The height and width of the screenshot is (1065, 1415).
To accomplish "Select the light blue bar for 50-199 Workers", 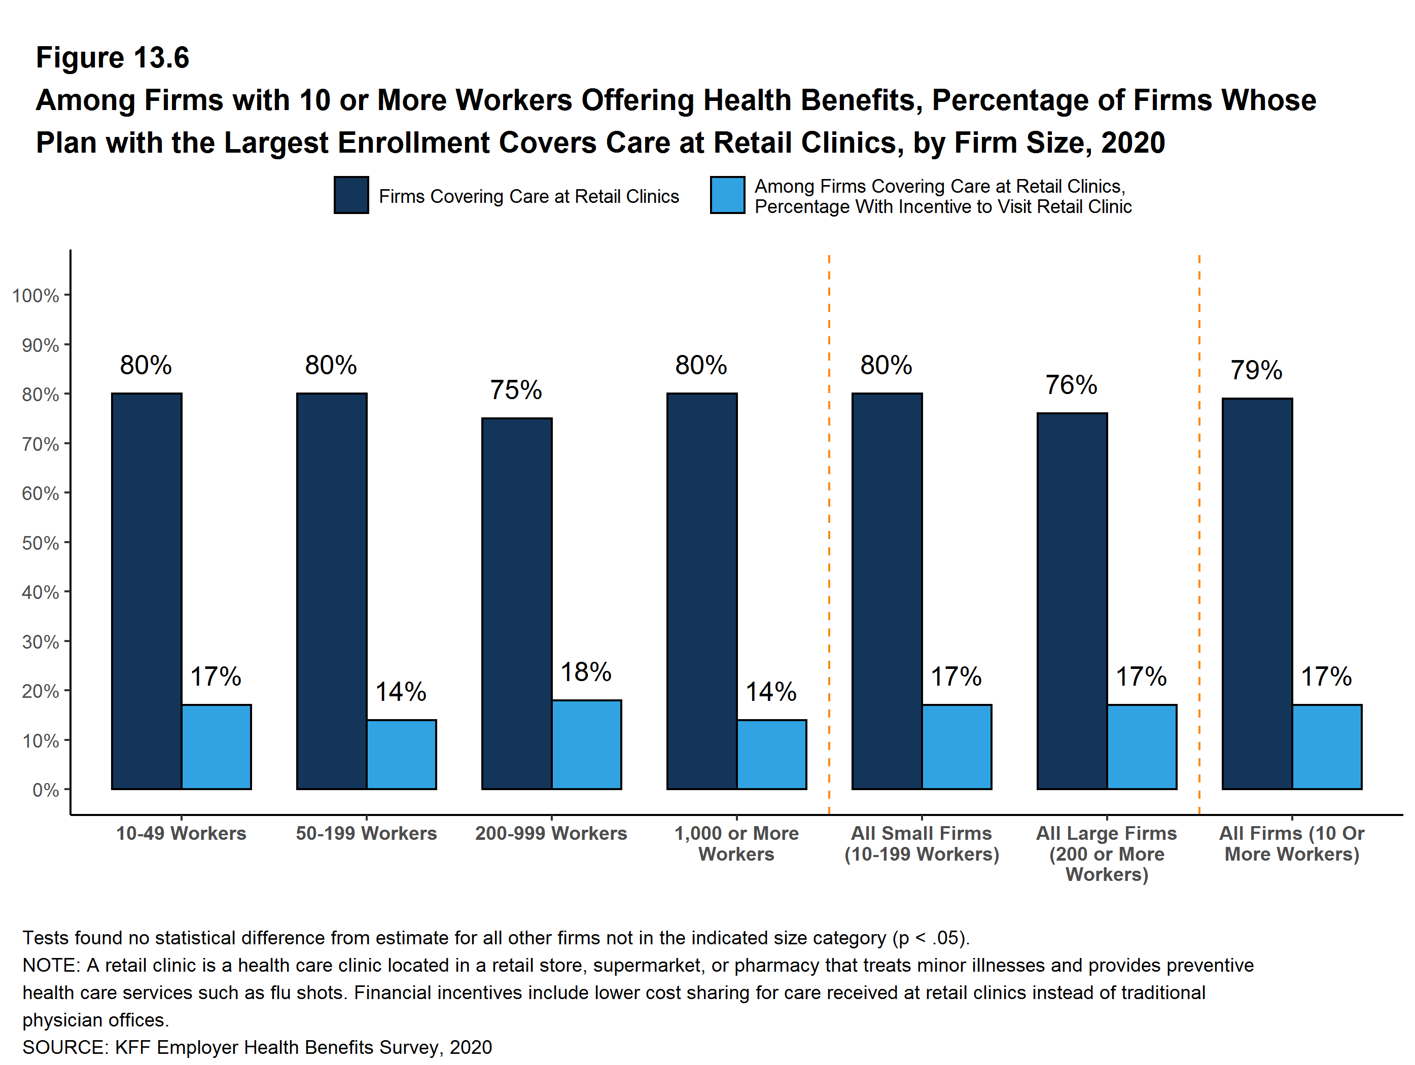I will click(401, 754).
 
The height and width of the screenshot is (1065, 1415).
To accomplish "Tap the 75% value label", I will click(516, 390).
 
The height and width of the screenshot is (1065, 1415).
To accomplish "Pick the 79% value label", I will click(1256, 370).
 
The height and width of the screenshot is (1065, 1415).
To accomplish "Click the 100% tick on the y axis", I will click(36, 296).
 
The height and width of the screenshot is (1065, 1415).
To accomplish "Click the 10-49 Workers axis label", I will click(181, 833).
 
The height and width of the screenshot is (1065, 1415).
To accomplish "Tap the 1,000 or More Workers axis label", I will click(736, 844).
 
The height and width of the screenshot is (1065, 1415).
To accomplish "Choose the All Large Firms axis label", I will click(1107, 854).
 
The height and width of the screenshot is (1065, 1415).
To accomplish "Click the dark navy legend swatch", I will click(351, 195).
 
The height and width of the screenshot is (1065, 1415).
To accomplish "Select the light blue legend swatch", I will click(727, 195).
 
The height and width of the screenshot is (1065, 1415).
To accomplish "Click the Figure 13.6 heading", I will click(113, 58).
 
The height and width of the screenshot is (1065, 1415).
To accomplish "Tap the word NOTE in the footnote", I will click(49, 965).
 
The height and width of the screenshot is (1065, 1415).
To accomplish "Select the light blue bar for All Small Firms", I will click(957, 747).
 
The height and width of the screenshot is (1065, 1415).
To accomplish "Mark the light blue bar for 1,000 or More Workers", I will click(771, 754).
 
